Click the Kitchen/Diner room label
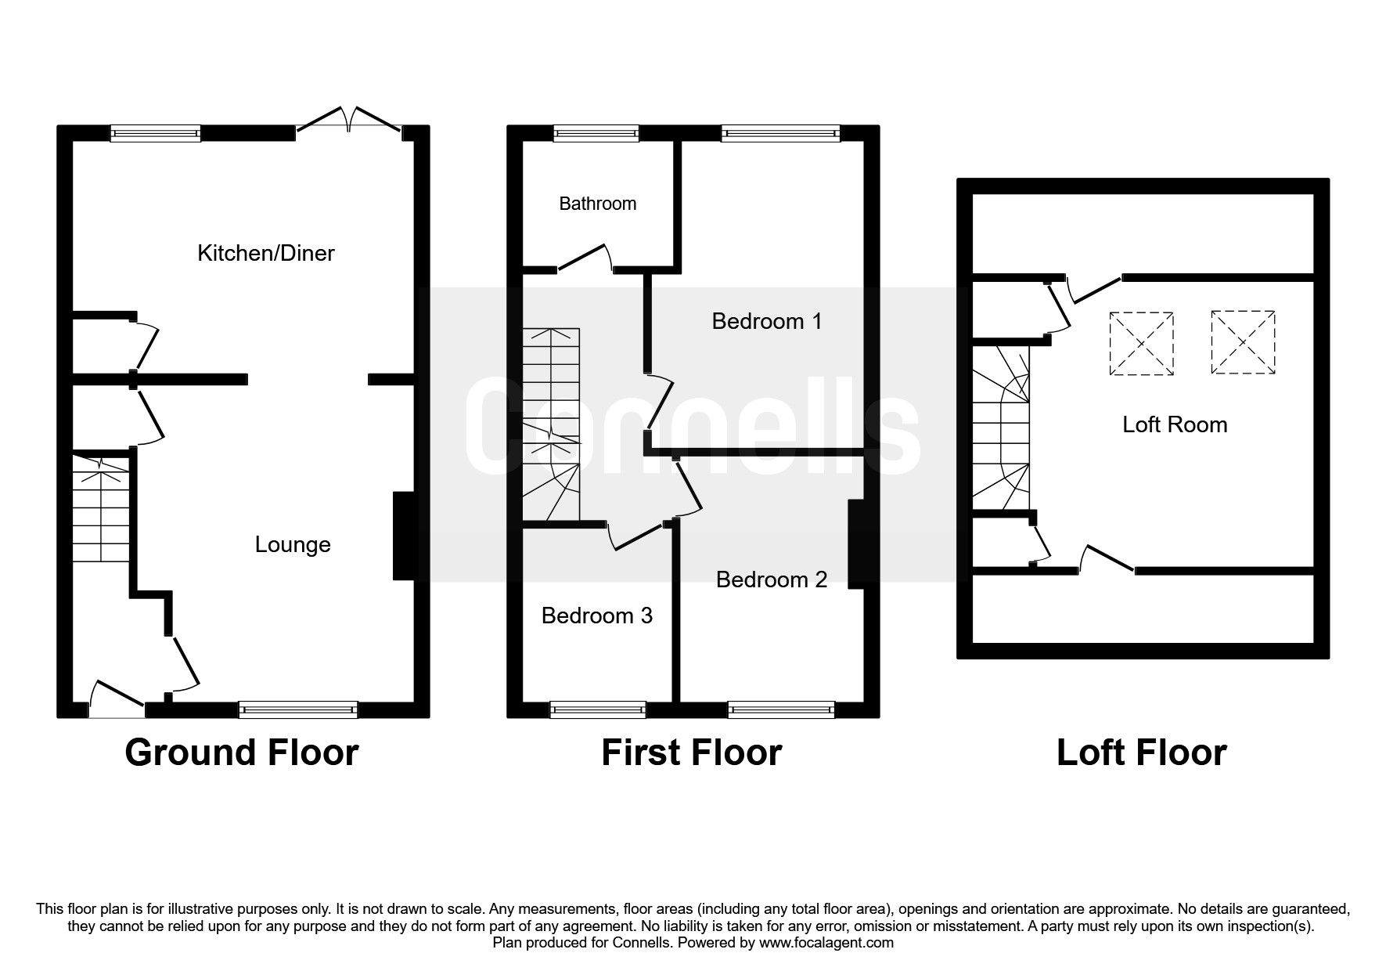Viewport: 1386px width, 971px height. [x=266, y=253]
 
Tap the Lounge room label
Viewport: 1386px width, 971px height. [x=293, y=545]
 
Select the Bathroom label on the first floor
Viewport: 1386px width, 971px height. [x=598, y=204]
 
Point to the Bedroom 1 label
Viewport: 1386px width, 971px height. [x=767, y=321]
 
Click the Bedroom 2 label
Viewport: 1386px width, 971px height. [x=772, y=579]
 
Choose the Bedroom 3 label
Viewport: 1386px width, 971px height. [x=597, y=615]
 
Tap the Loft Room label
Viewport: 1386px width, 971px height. [x=1175, y=424]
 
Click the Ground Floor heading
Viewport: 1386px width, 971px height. [x=242, y=753]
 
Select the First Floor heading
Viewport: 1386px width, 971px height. [x=692, y=753]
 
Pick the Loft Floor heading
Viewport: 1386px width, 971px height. [x=1142, y=753]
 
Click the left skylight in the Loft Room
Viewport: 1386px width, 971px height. [x=1142, y=343]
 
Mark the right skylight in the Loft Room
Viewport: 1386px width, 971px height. [x=1244, y=342]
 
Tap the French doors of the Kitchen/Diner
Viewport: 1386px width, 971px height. [x=349, y=119]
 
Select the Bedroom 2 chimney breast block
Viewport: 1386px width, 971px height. [x=856, y=543]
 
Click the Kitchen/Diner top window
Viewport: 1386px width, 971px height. [x=156, y=133]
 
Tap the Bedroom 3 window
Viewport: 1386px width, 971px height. [x=598, y=709]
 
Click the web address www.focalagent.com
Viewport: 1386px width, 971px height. [x=826, y=943]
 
